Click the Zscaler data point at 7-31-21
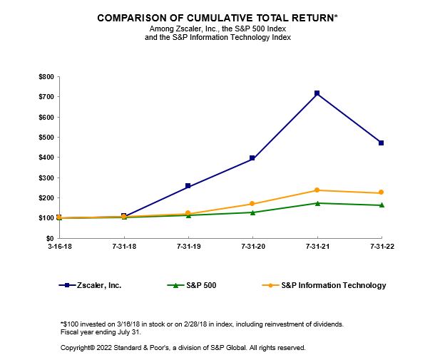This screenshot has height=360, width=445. (317, 93)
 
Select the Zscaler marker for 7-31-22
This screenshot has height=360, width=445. (382, 143)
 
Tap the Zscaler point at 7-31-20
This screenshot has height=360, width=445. (252, 158)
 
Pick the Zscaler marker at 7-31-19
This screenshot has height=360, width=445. (188, 186)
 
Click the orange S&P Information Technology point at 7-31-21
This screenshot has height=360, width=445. (317, 190)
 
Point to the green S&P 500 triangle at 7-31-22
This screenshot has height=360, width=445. (382, 205)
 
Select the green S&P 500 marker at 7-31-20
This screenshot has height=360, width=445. (252, 212)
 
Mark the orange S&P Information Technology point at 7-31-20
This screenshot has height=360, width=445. (252, 204)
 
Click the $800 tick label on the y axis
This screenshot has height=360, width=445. (45, 76)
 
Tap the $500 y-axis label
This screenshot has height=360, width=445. (45, 137)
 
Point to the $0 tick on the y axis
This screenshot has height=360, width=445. (49, 238)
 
